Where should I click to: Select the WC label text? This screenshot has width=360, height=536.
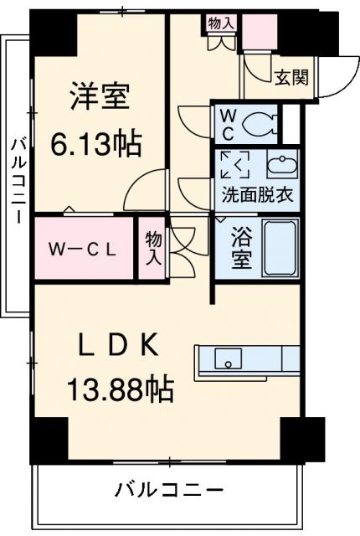(x=228, y=124)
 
